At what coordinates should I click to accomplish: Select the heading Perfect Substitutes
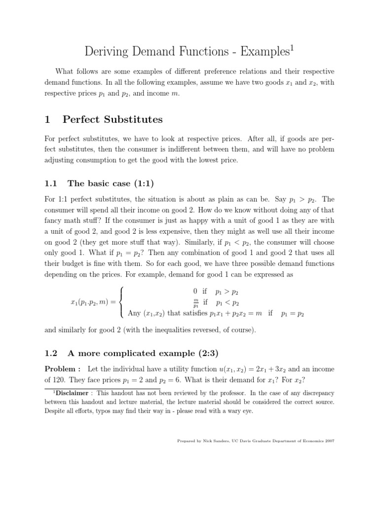tap(113, 119)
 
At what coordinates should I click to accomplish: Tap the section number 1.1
tap(51, 184)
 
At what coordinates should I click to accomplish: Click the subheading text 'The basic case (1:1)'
tap(111, 184)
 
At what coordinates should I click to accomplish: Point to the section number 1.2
tap(51, 353)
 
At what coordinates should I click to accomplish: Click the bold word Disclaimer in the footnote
tap(72, 393)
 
